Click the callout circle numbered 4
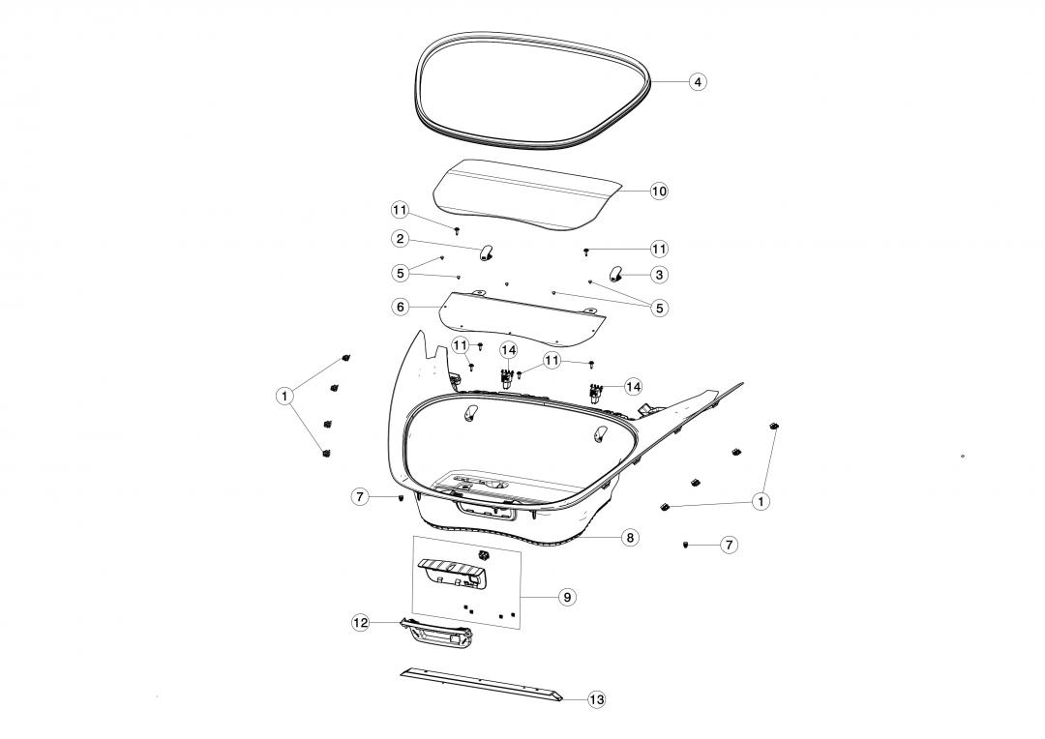(697, 82)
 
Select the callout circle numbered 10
(659, 192)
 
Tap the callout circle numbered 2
(400, 239)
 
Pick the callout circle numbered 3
(659, 275)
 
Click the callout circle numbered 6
(400, 307)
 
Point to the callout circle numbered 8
(630, 537)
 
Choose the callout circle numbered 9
(567, 597)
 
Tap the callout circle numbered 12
(360, 623)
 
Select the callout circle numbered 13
(596, 699)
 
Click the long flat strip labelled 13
(482, 684)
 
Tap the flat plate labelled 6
(523, 318)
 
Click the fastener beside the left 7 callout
(400, 498)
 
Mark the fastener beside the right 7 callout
(685, 546)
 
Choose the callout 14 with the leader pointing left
(633, 387)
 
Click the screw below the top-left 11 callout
(457, 230)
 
